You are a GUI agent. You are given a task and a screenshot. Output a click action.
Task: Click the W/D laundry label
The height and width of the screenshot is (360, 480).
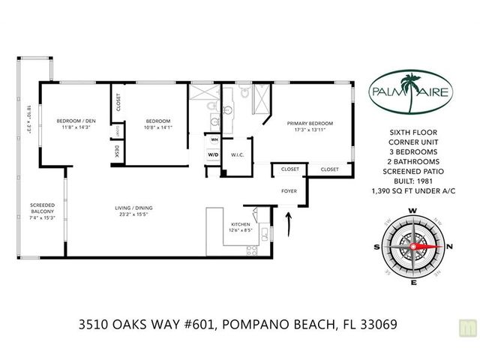point(213,154)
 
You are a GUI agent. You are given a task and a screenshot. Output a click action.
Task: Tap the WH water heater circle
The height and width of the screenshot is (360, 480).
point(214,140)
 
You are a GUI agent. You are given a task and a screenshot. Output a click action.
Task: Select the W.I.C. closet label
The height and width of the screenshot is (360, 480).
point(237,155)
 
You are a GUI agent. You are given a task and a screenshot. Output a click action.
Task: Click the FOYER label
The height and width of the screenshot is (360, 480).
point(289,191)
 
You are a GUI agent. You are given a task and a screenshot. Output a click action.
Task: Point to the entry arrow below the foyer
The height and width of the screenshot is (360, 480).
point(288,225)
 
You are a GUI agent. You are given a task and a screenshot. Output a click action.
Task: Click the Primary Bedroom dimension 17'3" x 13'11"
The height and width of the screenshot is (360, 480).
point(310,130)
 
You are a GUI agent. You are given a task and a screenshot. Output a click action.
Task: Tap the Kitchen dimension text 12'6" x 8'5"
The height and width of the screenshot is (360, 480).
point(241,230)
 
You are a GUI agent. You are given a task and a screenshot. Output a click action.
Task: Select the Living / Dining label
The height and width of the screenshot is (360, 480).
point(133,208)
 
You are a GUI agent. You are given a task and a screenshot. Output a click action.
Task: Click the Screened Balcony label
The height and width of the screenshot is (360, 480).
point(43,208)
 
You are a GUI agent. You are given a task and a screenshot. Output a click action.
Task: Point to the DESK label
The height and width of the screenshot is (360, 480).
point(117,151)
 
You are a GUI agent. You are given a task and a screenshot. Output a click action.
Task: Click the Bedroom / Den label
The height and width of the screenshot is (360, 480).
point(76,121)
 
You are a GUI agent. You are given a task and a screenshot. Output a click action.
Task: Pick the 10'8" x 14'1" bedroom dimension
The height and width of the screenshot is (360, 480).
point(158,127)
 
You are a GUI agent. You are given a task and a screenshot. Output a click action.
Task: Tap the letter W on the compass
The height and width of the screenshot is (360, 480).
point(413,211)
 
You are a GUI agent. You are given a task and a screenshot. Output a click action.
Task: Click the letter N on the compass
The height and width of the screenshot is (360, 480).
point(449,247)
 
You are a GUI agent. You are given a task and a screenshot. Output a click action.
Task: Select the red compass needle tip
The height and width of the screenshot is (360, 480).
point(442,247)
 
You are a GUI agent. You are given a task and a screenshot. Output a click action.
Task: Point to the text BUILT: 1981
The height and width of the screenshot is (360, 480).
point(413,181)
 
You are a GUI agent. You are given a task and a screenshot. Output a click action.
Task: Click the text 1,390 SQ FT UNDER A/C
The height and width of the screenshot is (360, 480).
point(413,191)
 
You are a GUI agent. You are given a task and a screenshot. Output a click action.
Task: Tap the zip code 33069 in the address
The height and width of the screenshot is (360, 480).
point(379,324)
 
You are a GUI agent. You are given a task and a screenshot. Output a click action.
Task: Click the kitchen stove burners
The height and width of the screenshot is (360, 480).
point(252,250)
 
